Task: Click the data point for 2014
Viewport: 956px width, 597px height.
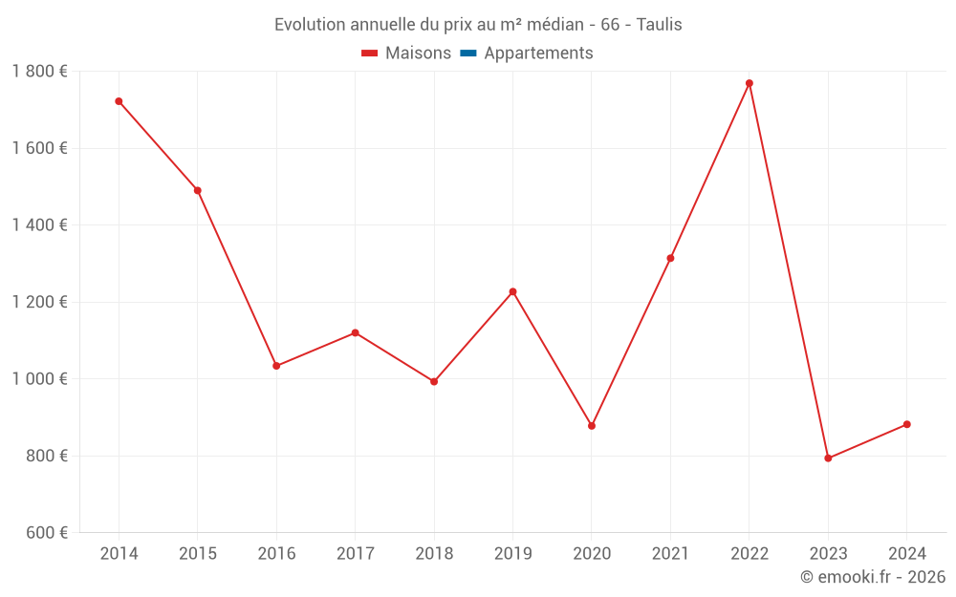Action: [x=119, y=101]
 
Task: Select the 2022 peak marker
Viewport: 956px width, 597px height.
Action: [x=750, y=83]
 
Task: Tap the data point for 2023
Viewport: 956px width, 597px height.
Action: [x=828, y=458]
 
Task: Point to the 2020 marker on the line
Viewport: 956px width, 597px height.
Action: [x=592, y=426]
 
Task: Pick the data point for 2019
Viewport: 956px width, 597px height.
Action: [x=512, y=291]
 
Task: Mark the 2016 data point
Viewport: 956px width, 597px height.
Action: [x=276, y=366]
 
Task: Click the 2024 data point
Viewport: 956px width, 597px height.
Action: [x=906, y=424]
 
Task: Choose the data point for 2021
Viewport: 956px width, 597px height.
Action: [x=670, y=258]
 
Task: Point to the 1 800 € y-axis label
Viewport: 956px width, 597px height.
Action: [x=39, y=72]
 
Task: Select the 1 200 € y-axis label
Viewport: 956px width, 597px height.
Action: [x=39, y=302]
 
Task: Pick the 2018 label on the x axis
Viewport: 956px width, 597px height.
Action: [x=434, y=554]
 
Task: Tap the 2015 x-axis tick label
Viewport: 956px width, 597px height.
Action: [x=198, y=554]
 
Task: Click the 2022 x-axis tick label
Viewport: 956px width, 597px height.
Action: [x=750, y=554]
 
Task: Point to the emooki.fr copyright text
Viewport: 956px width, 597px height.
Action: [x=873, y=577]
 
